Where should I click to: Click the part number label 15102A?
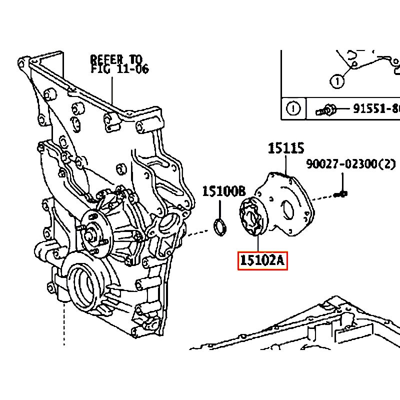262,260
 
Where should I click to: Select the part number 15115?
286,148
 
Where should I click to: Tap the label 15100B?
224,191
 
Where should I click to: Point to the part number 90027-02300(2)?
351,164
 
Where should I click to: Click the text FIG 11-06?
119,69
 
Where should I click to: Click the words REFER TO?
116,59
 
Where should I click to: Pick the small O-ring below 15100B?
220,227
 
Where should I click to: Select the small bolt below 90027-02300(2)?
341,194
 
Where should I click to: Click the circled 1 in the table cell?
293,108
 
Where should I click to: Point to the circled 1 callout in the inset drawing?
337,81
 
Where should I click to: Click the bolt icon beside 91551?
326,110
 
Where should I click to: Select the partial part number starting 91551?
376,109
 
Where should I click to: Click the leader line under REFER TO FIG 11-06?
112,90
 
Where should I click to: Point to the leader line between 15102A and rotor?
258,244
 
